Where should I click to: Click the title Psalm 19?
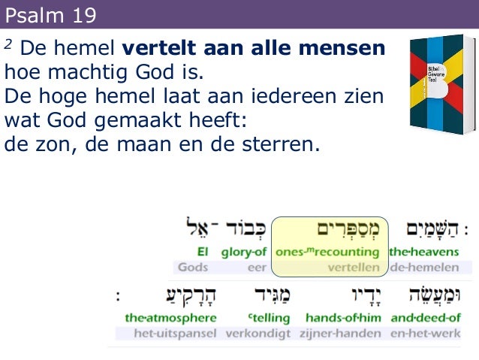[50, 14]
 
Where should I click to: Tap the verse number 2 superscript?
[8, 44]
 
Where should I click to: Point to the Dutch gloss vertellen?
[354, 267]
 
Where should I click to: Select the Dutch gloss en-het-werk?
[428, 333]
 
